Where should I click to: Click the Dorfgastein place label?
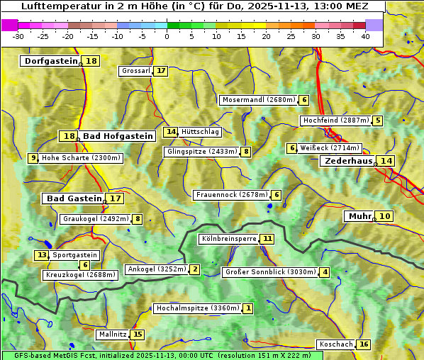[50, 61]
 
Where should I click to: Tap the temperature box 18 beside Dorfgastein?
[91, 61]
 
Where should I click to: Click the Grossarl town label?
[136, 71]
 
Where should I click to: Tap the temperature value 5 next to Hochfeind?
[378, 120]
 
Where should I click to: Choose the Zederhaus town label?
[348, 161]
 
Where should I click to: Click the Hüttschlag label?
[201, 132]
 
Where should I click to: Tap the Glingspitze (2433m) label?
[202, 152]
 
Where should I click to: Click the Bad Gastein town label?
[74, 198]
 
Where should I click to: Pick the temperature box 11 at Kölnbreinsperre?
[267, 239]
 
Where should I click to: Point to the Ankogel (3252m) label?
[157, 269]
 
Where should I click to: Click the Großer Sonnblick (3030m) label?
[270, 272]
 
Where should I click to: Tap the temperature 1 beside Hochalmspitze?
[248, 308]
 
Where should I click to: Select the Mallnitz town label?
[113, 334]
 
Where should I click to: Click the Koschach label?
[336, 344]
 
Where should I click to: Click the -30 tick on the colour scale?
[18, 36]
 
